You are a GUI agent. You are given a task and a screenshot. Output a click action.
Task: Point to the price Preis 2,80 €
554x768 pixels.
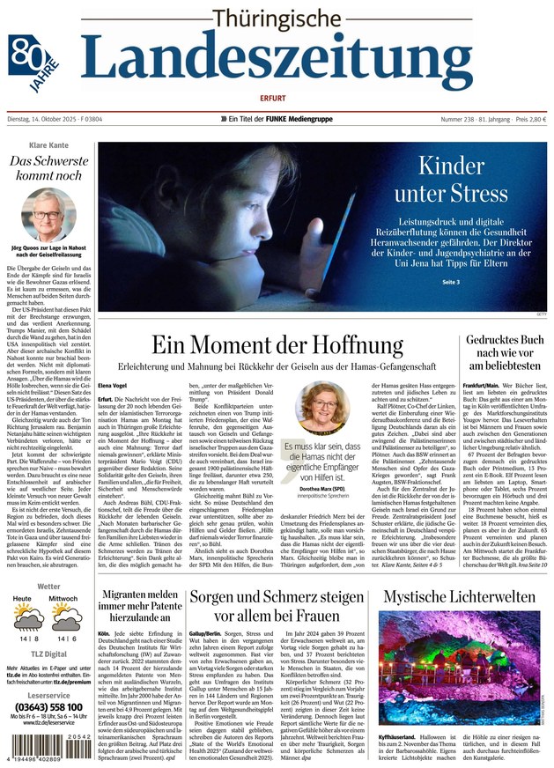click(525, 120)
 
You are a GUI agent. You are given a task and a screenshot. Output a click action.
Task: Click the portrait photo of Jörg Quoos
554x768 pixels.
click(48, 212)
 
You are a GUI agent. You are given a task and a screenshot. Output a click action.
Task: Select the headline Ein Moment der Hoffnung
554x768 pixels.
click(277, 346)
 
